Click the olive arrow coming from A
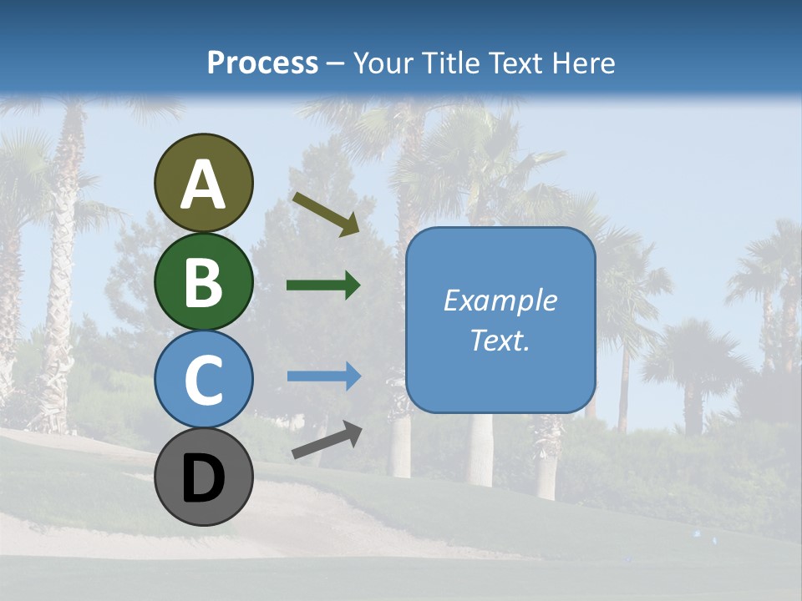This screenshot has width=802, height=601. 326,213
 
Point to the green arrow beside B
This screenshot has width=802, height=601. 323,285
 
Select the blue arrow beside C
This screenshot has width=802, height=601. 323,376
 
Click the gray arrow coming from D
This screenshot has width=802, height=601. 327,440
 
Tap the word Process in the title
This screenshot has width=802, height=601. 262,63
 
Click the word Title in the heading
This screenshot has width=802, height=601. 445,63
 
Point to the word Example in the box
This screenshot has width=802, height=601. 500,300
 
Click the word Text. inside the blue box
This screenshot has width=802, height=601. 500,341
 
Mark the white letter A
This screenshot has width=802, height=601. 204,184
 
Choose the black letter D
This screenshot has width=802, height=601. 204,478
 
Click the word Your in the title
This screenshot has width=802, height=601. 381,63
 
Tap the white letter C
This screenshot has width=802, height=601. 204,380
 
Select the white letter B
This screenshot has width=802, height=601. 204,282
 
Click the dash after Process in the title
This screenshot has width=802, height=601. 335,63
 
